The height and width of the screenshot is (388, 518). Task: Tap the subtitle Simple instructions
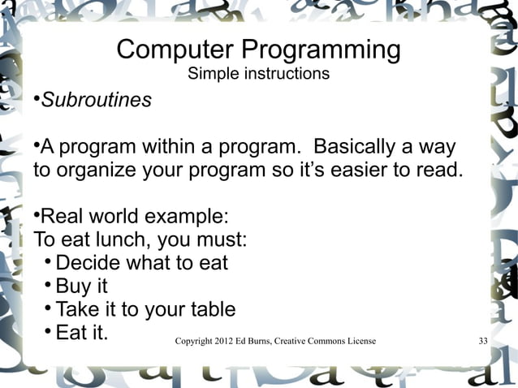pos(258,75)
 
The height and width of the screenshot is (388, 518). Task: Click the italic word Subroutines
pos(96,101)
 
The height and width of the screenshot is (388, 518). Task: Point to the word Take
pos(78,309)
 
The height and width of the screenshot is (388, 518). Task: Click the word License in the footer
pos(360,341)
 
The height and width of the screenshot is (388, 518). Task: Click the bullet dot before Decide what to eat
pos(48,262)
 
